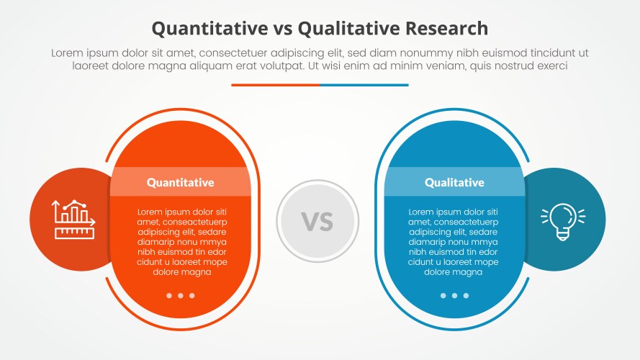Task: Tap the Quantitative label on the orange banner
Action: click(180, 182)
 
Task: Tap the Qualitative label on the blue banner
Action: click(454, 182)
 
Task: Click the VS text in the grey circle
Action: click(317, 221)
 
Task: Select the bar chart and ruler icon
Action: click(71, 220)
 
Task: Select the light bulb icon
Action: click(563, 220)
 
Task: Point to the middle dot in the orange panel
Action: click(181, 295)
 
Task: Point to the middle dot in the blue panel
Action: click(454, 295)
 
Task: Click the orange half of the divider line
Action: click(275, 85)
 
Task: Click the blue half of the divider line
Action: click(364, 85)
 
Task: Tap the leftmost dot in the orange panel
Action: click(169, 295)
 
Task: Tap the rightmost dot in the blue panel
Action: click(466, 295)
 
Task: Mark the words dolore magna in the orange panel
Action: click(181, 272)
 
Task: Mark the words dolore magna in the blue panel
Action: click(453, 272)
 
